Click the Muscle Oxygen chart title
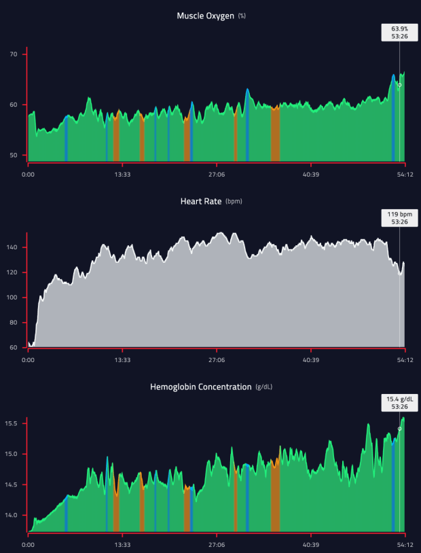coord(206,15)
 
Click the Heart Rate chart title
coord(200,201)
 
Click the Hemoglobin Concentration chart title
coord(200,387)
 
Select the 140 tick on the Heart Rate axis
coord(12,247)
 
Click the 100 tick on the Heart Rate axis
coord(12,298)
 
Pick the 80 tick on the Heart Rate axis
coord(14,323)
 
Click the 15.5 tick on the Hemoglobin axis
coord(12,423)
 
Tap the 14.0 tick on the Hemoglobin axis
coord(12,515)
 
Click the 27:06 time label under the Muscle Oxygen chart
coord(217,173)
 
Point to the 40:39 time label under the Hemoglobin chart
coord(311,544)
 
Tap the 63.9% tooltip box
coord(399,33)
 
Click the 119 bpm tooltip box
coord(399,217)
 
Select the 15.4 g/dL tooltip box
coord(399,403)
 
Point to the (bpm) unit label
coord(234,202)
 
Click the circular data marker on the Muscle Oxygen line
coord(399,85)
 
